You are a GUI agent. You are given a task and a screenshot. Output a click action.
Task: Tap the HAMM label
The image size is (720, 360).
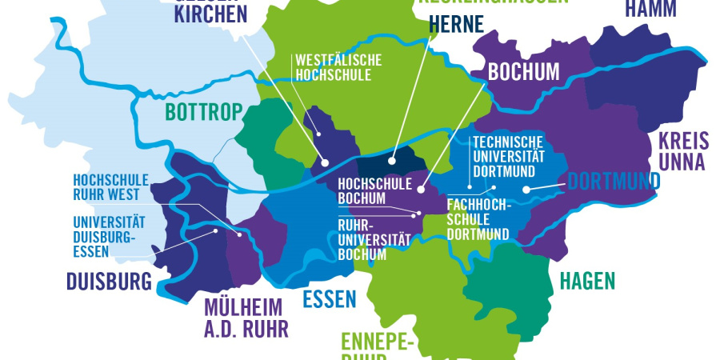click(x=650, y=9)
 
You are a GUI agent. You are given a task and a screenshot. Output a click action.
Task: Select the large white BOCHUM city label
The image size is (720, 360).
click(x=523, y=71)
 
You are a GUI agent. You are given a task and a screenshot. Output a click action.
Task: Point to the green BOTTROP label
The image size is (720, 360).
click(x=203, y=112)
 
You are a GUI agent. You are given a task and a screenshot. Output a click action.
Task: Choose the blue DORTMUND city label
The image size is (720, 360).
click(x=614, y=182)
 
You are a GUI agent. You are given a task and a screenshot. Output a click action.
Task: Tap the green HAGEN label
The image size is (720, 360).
click(x=587, y=281)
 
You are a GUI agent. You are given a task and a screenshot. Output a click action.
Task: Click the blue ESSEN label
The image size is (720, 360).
click(x=329, y=300)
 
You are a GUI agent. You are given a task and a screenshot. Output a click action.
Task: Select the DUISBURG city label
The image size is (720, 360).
click(x=109, y=281)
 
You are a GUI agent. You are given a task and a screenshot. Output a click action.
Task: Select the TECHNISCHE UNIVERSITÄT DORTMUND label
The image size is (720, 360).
click(x=509, y=156)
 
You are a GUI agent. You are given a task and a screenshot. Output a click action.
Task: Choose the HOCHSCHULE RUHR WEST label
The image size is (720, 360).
click(x=106, y=187)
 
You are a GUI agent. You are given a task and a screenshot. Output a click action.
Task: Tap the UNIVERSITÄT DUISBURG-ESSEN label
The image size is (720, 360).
click(x=104, y=236)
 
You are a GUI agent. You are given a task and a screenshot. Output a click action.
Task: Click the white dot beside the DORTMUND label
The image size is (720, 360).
click(x=526, y=190)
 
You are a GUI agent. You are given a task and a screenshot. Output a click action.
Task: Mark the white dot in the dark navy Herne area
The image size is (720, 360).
click(x=392, y=161)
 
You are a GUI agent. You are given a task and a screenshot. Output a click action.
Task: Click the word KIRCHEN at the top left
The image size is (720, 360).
click(x=210, y=14)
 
